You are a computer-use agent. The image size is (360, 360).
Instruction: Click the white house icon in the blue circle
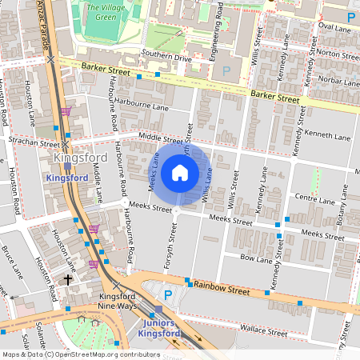click(180, 172)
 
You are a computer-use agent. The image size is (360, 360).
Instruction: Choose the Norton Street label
click(334, 54)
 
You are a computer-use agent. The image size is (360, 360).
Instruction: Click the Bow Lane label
click(256, 258)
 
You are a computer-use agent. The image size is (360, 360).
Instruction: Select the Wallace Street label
click(265, 331)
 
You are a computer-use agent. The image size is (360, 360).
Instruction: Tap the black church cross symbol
click(68, 280)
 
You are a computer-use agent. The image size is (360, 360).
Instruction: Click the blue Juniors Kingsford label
click(157, 328)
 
